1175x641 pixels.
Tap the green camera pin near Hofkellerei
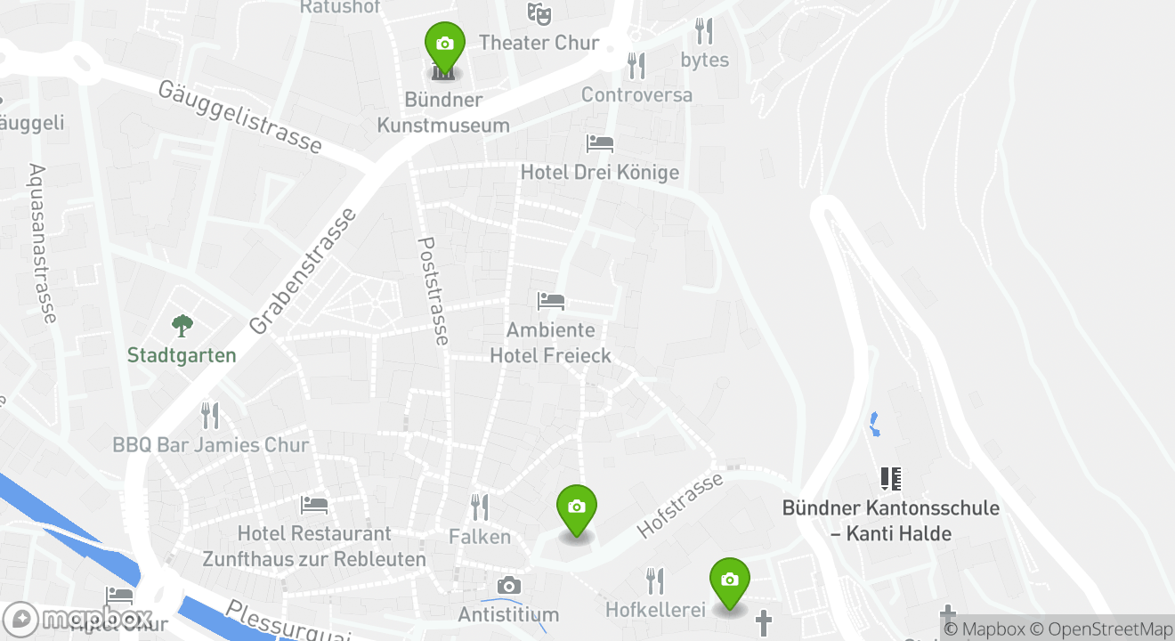coord(729,580)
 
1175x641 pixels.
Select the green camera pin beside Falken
coord(576,507)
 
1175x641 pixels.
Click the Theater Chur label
coord(539,43)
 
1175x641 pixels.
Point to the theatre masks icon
coord(538,13)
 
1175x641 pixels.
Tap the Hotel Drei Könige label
coord(599,172)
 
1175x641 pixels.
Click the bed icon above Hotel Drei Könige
coord(599,143)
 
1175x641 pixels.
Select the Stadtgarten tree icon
coord(182,326)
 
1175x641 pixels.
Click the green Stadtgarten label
coord(182,355)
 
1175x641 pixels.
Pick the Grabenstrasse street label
coord(304,271)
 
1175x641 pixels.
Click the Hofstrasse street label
coord(680,506)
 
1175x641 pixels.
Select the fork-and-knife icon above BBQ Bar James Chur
coord(210,415)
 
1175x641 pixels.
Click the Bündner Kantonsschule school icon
coord(890,479)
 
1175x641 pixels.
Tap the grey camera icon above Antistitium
coord(508,585)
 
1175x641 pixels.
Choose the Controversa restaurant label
coord(636,94)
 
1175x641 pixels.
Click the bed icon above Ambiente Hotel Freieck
coord(550,302)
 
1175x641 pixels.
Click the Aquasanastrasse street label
coord(42,243)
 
